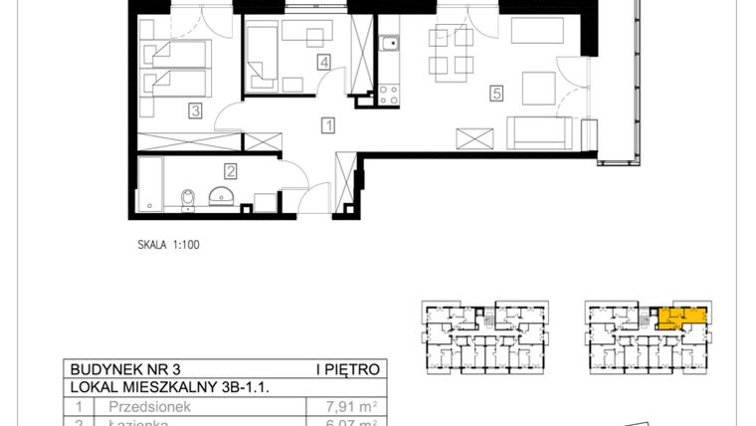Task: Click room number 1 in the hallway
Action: point(326,125)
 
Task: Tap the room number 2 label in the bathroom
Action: point(230,171)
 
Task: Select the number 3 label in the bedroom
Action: point(197,111)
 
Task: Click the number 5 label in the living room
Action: point(494,95)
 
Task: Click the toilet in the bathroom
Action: point(187,200)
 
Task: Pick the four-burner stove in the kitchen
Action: point(388,96)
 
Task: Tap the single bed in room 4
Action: point(263,57)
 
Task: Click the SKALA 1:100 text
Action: point(169,242)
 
